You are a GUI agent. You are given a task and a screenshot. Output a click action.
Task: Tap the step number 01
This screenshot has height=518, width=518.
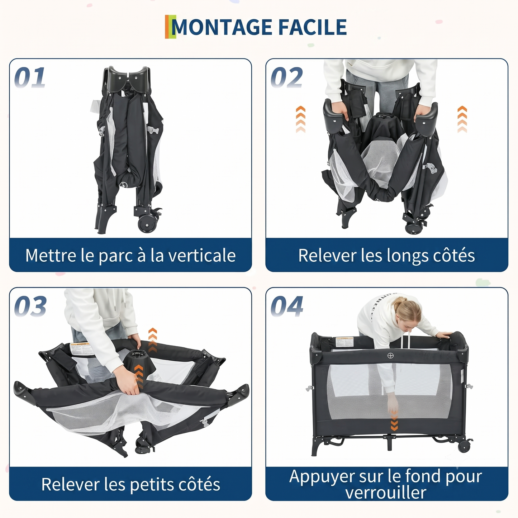pos(30,77)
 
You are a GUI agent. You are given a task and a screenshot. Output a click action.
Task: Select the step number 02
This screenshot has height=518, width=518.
pos(286,77)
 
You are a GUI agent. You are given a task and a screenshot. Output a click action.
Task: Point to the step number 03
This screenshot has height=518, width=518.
pos(30,306)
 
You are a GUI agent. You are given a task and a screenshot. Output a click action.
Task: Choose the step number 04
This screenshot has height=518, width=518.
pos(287,306)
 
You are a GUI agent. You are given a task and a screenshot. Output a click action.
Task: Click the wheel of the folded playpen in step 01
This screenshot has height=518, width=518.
pos(147,223)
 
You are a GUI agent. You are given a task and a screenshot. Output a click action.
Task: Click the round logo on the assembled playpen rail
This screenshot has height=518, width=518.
pos(390,355)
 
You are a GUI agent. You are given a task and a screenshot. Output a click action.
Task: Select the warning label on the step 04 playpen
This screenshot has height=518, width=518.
pos(344,342)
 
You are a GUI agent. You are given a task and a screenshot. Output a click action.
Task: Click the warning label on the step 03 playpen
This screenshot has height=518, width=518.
pos(81,349)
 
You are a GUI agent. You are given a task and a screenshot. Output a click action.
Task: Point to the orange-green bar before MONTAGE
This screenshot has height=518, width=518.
pos(170,27)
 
